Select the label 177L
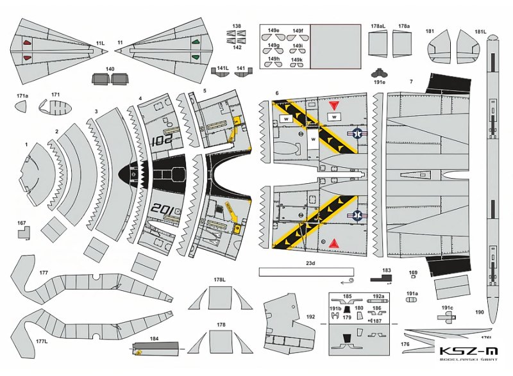[x=42, y=342]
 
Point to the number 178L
[x=219, y=279]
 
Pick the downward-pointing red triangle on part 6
[x=333, y=105]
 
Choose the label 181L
[x=480, y=31]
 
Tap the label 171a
[x=22, y=95]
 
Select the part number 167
[x=22, y=224]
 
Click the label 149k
[x=296, y=60]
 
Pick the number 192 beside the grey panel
[x=310, y=316]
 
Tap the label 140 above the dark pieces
[x=110, y=69]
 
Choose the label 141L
[x=223, y=67]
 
